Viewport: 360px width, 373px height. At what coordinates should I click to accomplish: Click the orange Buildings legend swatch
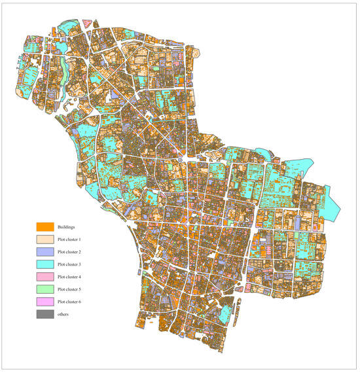pyautogui.click(x=45, y=226)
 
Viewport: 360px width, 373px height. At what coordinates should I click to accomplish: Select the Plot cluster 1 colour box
pyautogui.click(x=45, y=240)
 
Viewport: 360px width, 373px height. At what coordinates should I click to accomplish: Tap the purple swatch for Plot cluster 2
pyautogui.click(x=45, y=252)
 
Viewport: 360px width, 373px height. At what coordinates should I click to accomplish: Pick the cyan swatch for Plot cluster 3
pyautogui.click(x=45, y=264)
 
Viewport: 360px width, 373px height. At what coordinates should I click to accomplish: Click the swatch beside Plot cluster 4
pyautogui.click(x=45, y=277)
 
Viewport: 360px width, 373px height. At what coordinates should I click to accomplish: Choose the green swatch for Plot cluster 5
pyautogui.click(x=45, y=289)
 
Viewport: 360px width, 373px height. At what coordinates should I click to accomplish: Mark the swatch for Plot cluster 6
pyautogui.click(x=45, y=302)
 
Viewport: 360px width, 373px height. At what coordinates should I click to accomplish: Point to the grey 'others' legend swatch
pyautogui.click(x=45, y=314)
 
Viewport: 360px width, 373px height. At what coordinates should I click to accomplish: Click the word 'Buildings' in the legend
pyautogui.click(x=69, y=226)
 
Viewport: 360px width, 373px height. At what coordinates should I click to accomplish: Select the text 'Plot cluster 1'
pyautogui.click(x=73, y=240)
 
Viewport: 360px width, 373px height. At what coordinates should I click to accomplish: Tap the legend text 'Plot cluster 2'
pyautogui.click(x=73, y=252)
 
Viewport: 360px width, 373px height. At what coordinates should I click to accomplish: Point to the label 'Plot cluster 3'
pyautogui.click(x=73, y=264)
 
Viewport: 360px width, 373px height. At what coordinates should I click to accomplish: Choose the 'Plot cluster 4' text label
pyautogui.click(x=73, y=277)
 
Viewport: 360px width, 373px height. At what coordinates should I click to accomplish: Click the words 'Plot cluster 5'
pyautogui.click(x=73, y=289)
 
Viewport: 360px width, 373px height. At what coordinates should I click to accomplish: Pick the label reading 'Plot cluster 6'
pyautogui.click(x=73, y=302)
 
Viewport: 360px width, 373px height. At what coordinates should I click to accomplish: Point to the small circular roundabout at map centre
pyautogui.click(x=180, y=158)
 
